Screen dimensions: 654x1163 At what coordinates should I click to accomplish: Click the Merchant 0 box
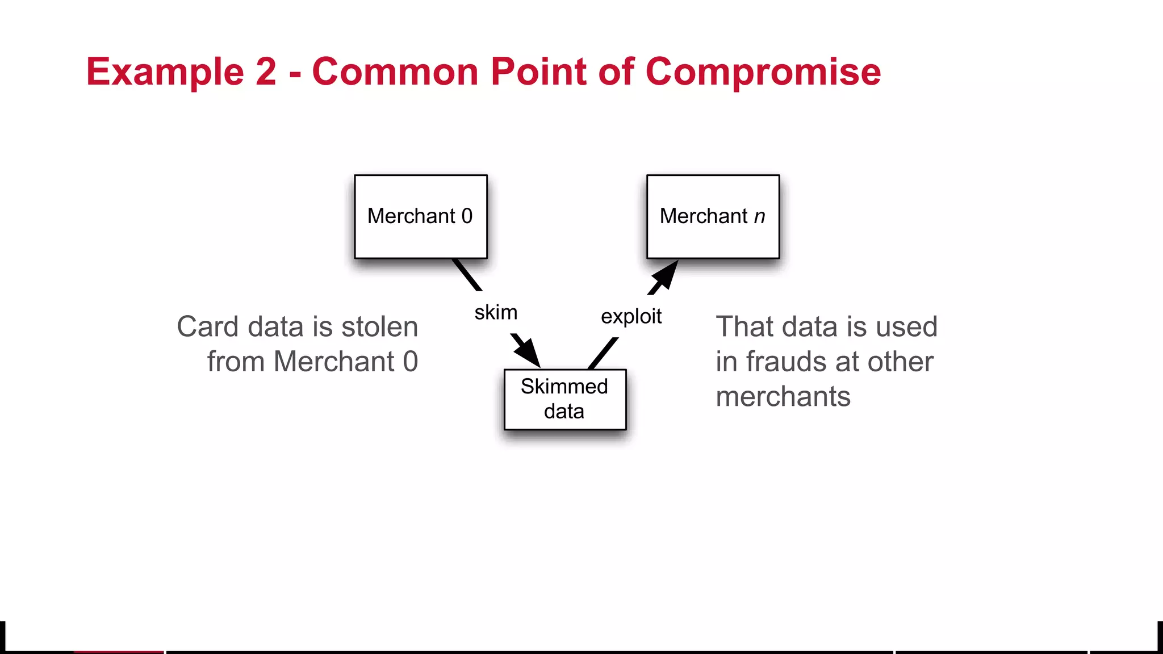click(x=421, y=217)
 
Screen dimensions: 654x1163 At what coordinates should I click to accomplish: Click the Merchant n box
click(x=713, y=217)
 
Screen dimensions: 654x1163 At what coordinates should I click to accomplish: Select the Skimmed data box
click(x=565, y=399)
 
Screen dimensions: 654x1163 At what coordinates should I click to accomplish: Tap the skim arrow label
click(x=496, y=313)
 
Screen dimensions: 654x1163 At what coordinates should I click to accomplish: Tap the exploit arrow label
click(x=631, y=316)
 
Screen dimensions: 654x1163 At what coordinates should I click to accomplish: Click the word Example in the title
click(x=165, y=72)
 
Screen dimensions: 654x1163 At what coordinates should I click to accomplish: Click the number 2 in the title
click(x=265, y=72)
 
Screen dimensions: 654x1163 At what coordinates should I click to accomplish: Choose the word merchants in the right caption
click(x=783, y=396)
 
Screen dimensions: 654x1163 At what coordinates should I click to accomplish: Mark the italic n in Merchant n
click(x=759, y=217)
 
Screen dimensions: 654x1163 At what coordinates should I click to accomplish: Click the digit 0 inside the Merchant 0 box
click(x=467, y=216)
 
